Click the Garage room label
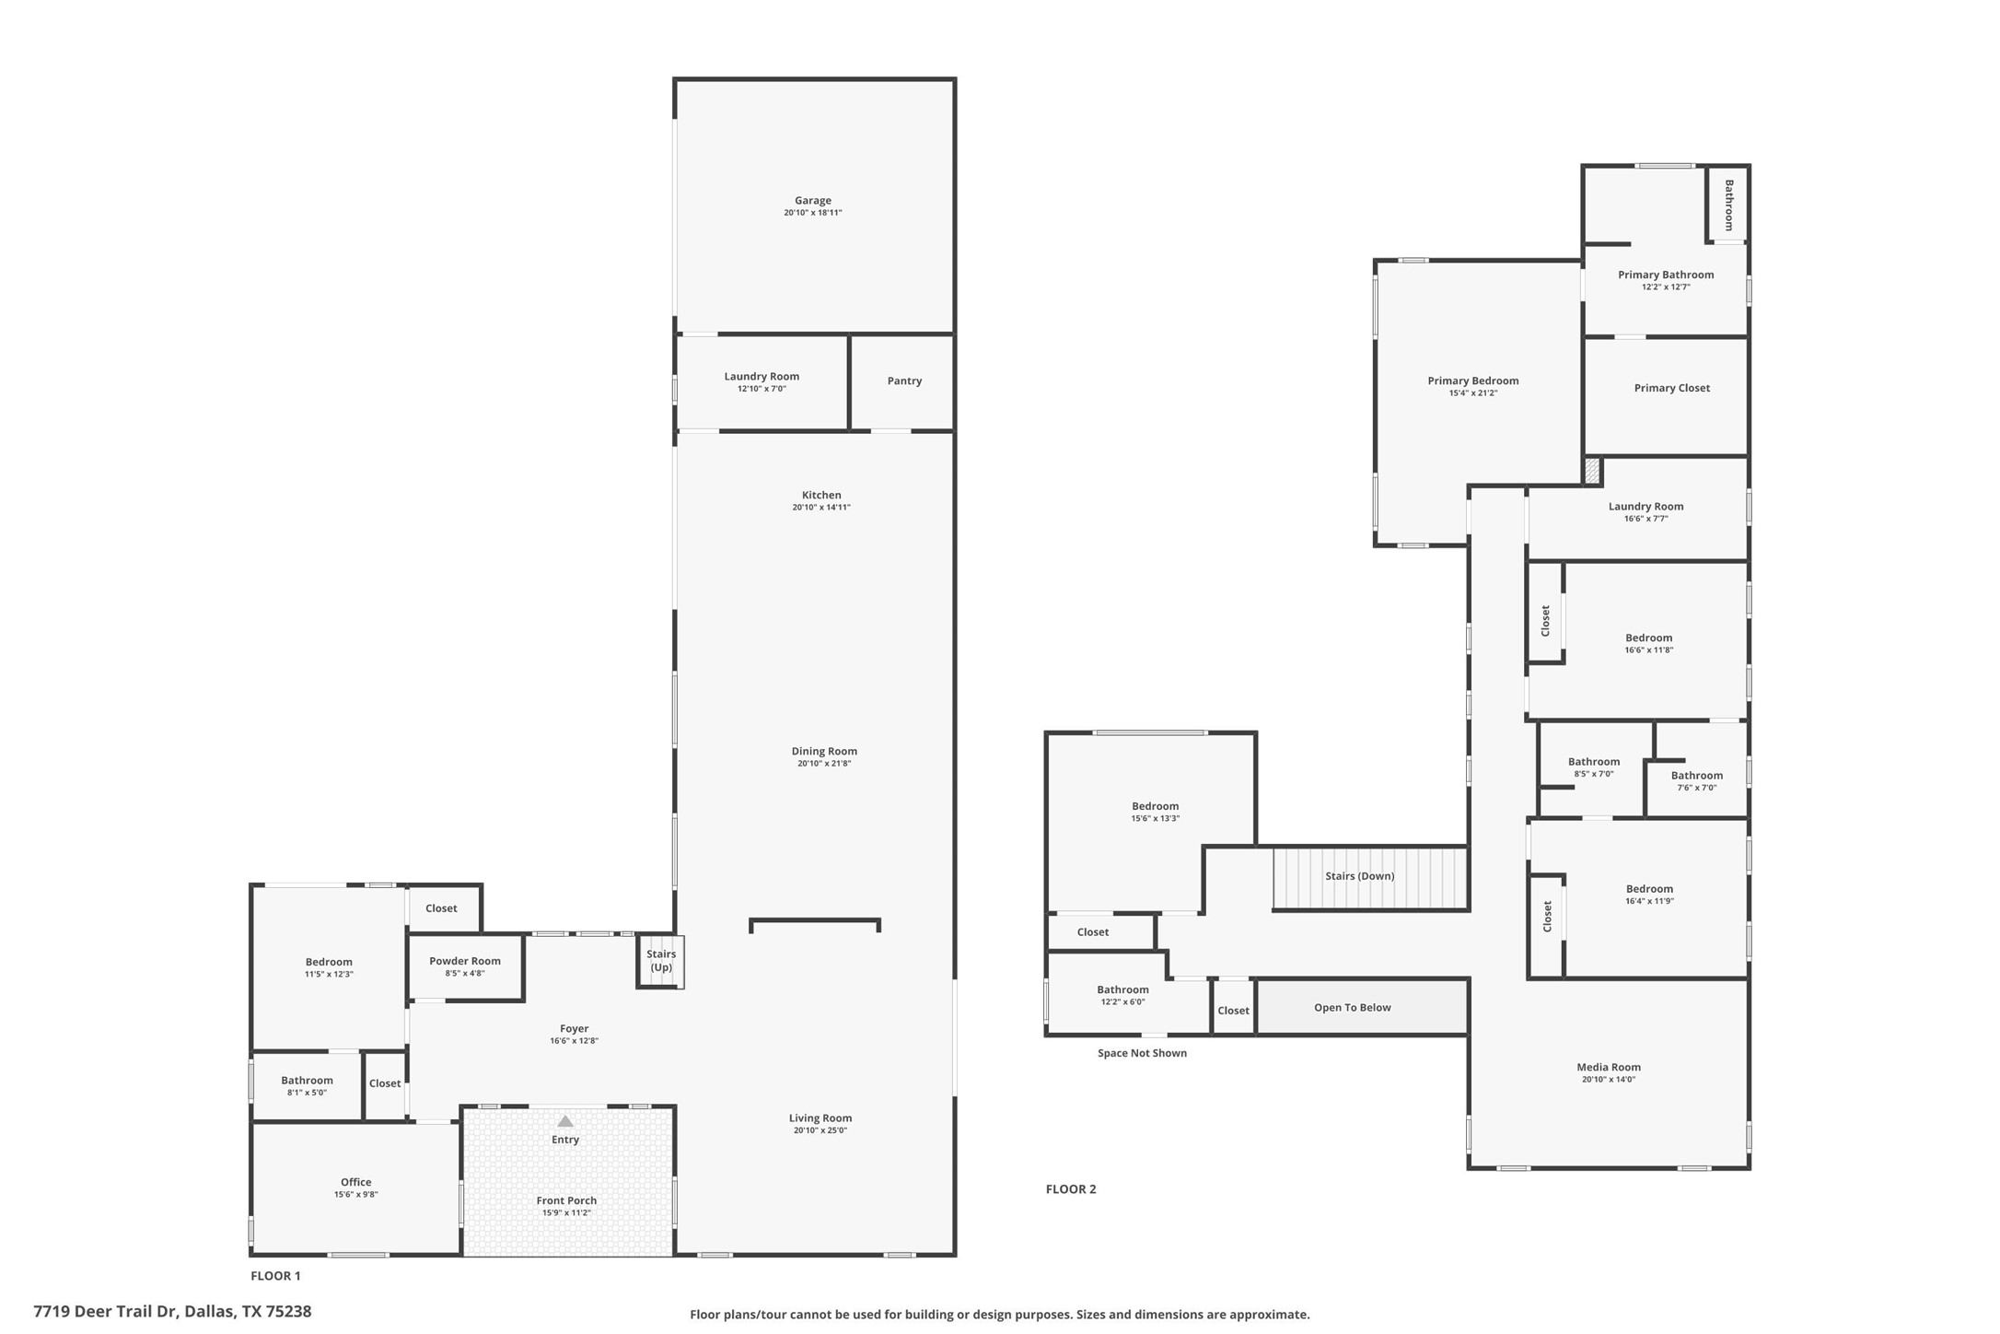[x=812, y=200]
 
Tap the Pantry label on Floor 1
[x=904, y=380]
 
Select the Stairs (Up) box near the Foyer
[x=660, y=961]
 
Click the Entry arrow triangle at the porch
[x=565, y=1121]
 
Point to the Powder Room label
[x=465, y=961]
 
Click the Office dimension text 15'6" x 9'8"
[x=356, y=1195]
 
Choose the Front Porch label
[x=566, y=1200]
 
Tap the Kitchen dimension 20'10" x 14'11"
[x=821, y=508]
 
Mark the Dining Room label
[x=824, y=751]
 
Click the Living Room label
[x=820, y=1118]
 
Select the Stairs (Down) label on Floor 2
[x=1359, y=876]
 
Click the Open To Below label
[x=1352, y=1008]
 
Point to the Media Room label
[x=1609, y=1067]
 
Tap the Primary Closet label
[x=1672, y=388]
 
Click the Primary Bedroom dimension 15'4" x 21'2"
[x=1473, y=393]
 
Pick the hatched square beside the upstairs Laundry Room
[x=1592, y=472]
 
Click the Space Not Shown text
[x=1142, y=1053]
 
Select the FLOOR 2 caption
[x=1071, y=1189]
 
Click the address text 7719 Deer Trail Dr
[x=107, y=1311]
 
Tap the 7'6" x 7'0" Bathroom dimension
[x=1696, y=788]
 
